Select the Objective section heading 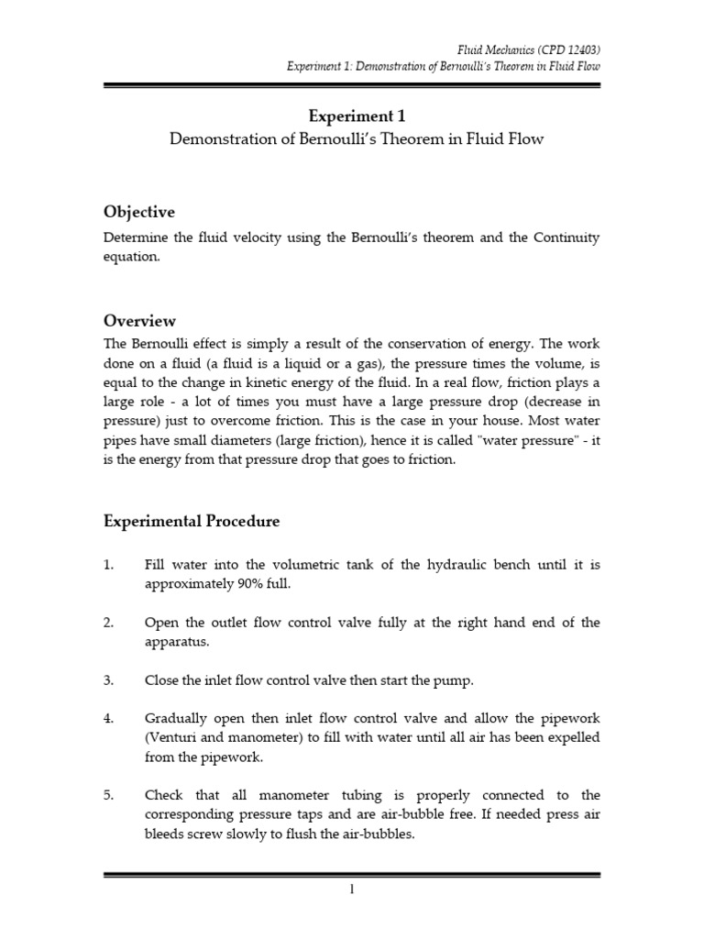(x=138, y=212)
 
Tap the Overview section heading (x=139, y=321)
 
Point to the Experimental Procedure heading (x=192, y=521)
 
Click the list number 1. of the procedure (x=109, y=565)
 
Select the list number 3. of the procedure (x=109, y=680)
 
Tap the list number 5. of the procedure (x=109, y=794)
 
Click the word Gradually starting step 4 (x=178, y=719)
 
